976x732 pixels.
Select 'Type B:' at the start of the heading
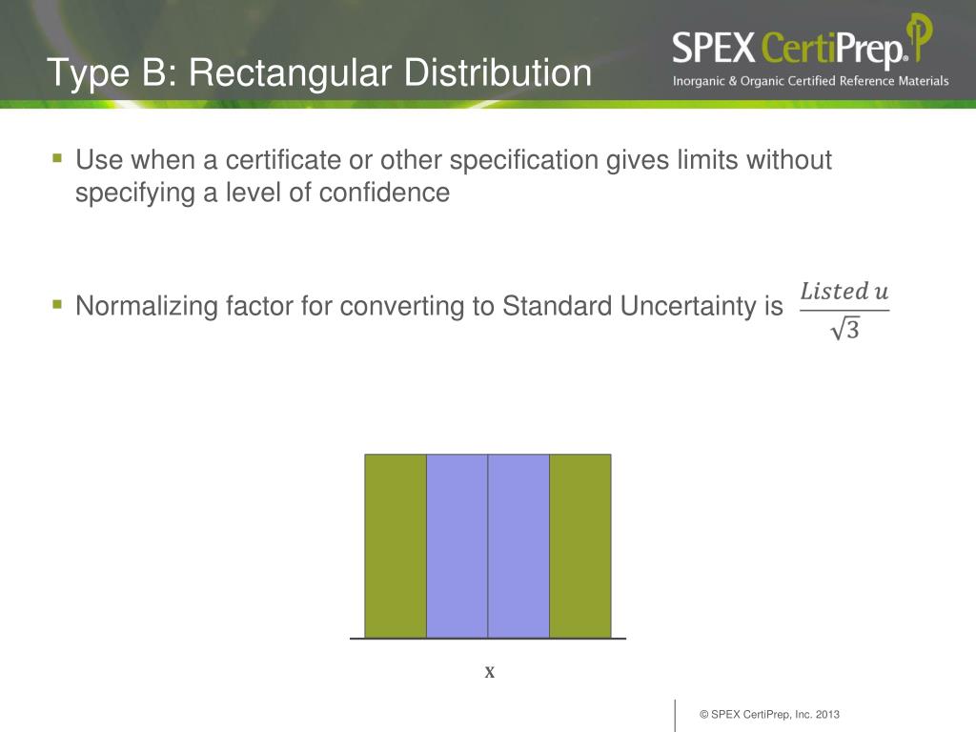pos(102,73)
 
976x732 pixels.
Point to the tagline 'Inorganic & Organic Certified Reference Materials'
pos(810,81)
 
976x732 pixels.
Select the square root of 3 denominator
pos(844,329)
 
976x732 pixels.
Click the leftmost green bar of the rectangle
pos(396,545)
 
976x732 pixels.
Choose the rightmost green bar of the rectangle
pos(579,545)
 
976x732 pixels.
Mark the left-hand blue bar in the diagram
pos(457,545)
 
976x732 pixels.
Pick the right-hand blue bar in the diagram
pos(518,545)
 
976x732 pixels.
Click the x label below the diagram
pos(490,672)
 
